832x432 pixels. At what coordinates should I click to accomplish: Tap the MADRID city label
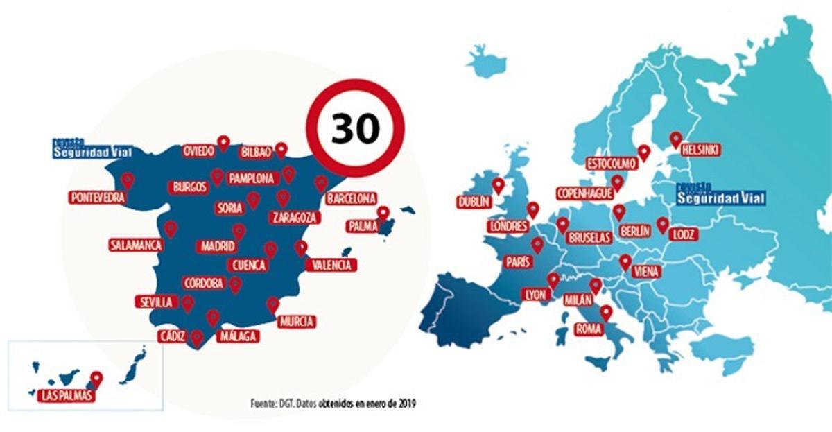(218, 246)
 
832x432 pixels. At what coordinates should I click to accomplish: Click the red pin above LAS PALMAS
(96, 379)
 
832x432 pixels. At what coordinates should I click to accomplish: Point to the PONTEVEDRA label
(98, 198)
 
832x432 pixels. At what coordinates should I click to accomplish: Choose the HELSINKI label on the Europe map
(700, 150)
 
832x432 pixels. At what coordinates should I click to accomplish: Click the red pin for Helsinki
(675, 139)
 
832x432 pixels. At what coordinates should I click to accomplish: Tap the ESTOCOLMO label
(611, 164)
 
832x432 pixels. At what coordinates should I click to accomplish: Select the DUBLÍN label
(474, 202)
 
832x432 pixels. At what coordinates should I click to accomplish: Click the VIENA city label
(645, 273)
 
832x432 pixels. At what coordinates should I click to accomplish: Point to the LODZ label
(682, 234)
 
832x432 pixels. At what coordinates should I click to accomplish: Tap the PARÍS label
(519, 262)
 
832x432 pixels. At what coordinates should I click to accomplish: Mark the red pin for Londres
(532, 209)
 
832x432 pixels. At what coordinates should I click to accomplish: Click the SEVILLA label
(156, 302)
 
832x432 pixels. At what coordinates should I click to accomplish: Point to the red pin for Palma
(383, 214)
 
